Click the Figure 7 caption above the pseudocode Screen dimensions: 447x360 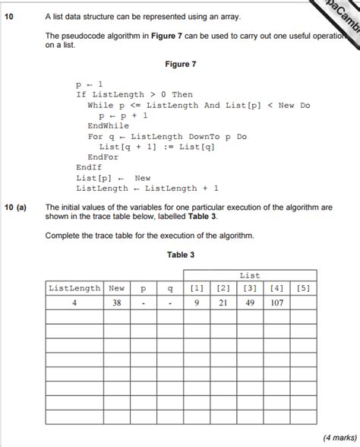pos(180,65)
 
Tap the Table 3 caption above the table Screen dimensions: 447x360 pos(181,255)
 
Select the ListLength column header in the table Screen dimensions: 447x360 pos(74,289)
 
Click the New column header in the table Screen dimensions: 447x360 pos(116,289)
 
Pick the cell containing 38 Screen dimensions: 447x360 pos(116,303)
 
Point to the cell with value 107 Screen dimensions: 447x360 pos(276,303)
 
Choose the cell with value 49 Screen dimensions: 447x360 pos(249,303)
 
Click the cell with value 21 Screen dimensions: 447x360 pos(223,303)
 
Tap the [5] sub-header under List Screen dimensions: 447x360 pos(303,289)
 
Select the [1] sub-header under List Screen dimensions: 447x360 pos(197,289)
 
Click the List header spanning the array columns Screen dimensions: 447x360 pos(249,276)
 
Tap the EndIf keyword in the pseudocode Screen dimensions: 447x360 pos(90,167)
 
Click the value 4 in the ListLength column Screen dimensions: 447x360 pos(74,303)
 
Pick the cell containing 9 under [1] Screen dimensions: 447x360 pos(197,303)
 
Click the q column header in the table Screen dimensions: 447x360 pos(170,289)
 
